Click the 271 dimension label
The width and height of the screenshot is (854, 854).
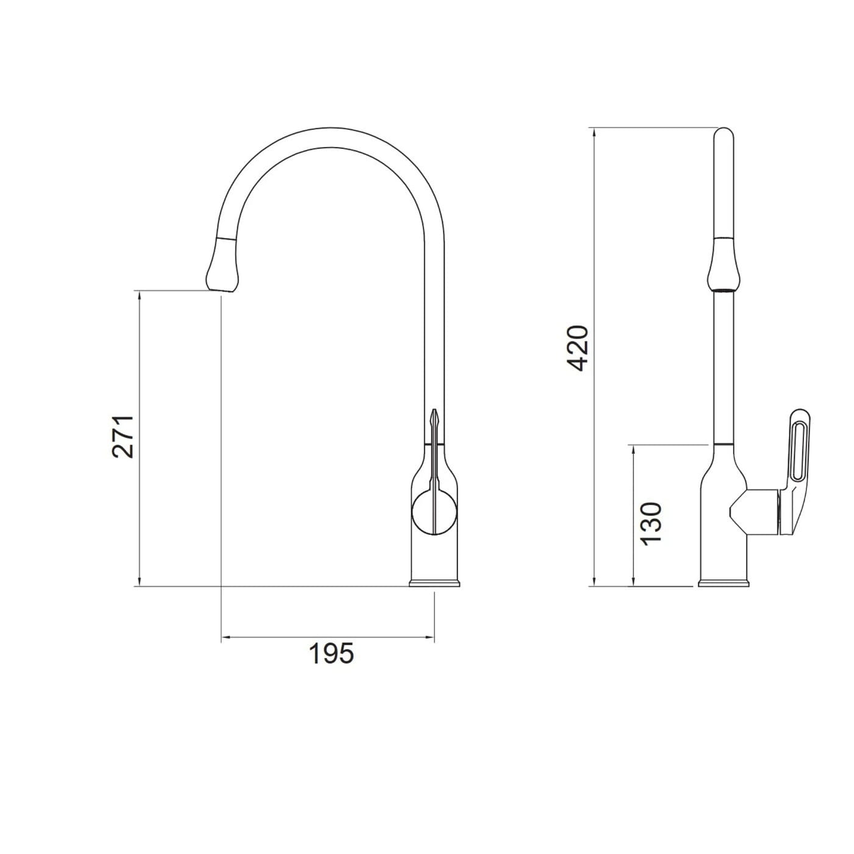[x=123, y=436]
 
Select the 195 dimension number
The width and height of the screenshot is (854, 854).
[x=331, y=653]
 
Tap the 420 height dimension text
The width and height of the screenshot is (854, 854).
[x=578, y=348]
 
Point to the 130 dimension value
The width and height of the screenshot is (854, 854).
[x=651, y=523]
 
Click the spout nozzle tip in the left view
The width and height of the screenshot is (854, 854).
[x=221, y=289]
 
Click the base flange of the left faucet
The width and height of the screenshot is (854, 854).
[x=434, y=583]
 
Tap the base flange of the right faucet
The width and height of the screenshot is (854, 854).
[x=723, y=583]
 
